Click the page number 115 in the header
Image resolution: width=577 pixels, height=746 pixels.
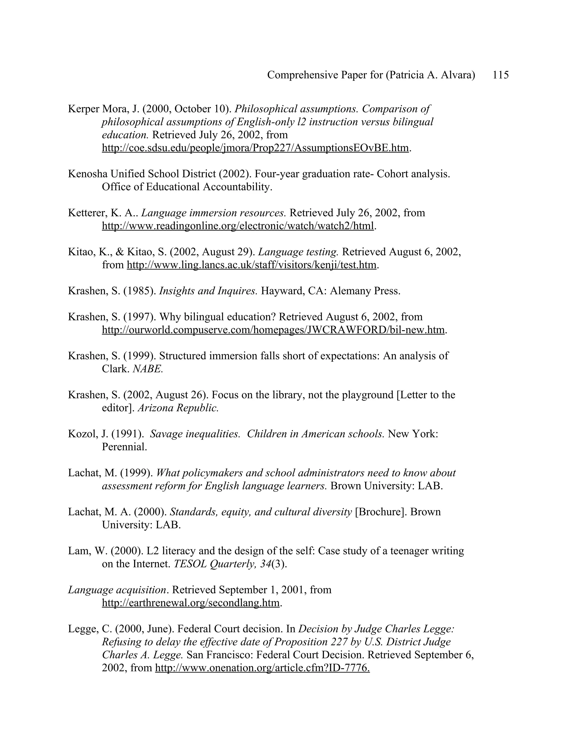(500, 75)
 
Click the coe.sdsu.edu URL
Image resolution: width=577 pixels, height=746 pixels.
(255, 148)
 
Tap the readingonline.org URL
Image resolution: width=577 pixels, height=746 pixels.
(238, 226)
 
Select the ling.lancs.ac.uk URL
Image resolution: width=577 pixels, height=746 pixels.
(251, 265)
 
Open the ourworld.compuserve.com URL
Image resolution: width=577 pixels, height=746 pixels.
(273, 330)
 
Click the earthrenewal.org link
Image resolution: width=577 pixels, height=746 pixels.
(191, 603)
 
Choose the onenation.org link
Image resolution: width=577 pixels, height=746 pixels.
(262, 668)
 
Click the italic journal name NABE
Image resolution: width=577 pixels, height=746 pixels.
(147, 369)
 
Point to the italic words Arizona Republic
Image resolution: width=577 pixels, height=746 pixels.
(178, 408)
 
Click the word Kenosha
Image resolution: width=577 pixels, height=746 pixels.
(88, 174)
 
